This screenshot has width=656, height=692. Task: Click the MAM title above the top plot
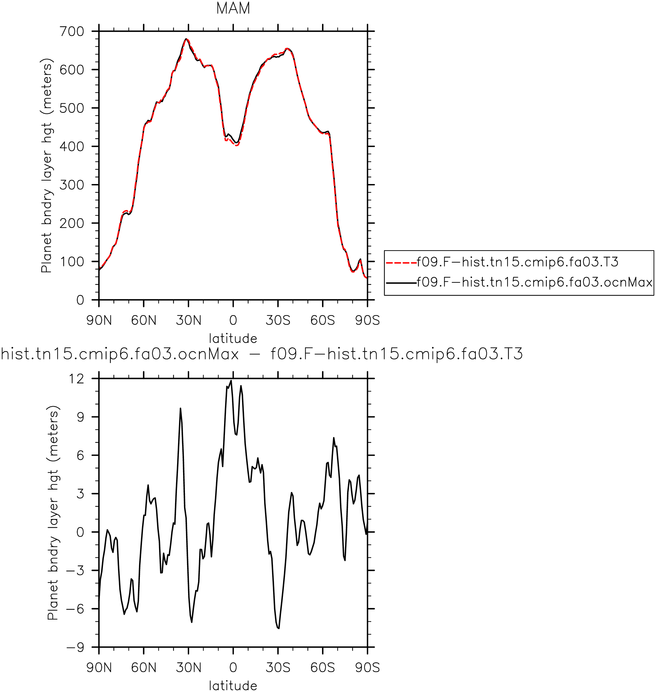(x=233, y=9)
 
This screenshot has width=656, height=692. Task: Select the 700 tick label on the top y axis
(x=72, y=32)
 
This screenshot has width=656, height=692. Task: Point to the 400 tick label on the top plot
(x=72, y=147)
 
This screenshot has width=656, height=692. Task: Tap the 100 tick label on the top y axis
(x=72, y=262)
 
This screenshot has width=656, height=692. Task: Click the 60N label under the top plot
(x=144, y=320)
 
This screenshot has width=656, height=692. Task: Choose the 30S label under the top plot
(x=278, y=320)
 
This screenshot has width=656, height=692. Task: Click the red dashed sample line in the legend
(x=401, y=262)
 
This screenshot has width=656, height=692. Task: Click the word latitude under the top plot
(x=233, y=338)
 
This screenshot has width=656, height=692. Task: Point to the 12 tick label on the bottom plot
(x=77, y=379)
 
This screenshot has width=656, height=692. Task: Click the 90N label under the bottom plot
(x=99, y=667)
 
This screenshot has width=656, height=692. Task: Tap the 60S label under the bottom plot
(x=323, y=667)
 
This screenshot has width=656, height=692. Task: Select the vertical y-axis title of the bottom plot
(x=53, y=513)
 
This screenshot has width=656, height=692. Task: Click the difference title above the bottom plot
(x=262, y=354)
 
